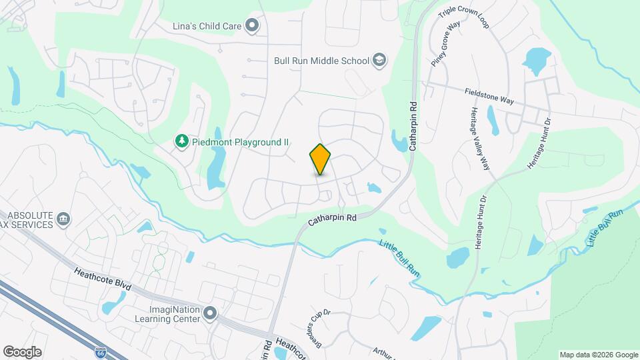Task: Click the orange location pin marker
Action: pyautogui.click(x=321, y=159)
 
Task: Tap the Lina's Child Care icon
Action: pyautogui.click(x=252, y=27)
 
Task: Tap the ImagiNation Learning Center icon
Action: pyautogui.click(x=211, y=313)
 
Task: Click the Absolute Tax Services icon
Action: pyautogui.click(x=64, y=219)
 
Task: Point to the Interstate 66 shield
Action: pyautogui.click(x=101, y=351)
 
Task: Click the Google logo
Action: pyautogui.click(x=22, y=352)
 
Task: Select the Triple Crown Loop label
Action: pyautogui.click(x=464, y=19)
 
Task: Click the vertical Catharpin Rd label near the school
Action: pyautogui.click(x=413, y=116)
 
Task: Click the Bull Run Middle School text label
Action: pyautogui.click(x=322, y=61)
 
